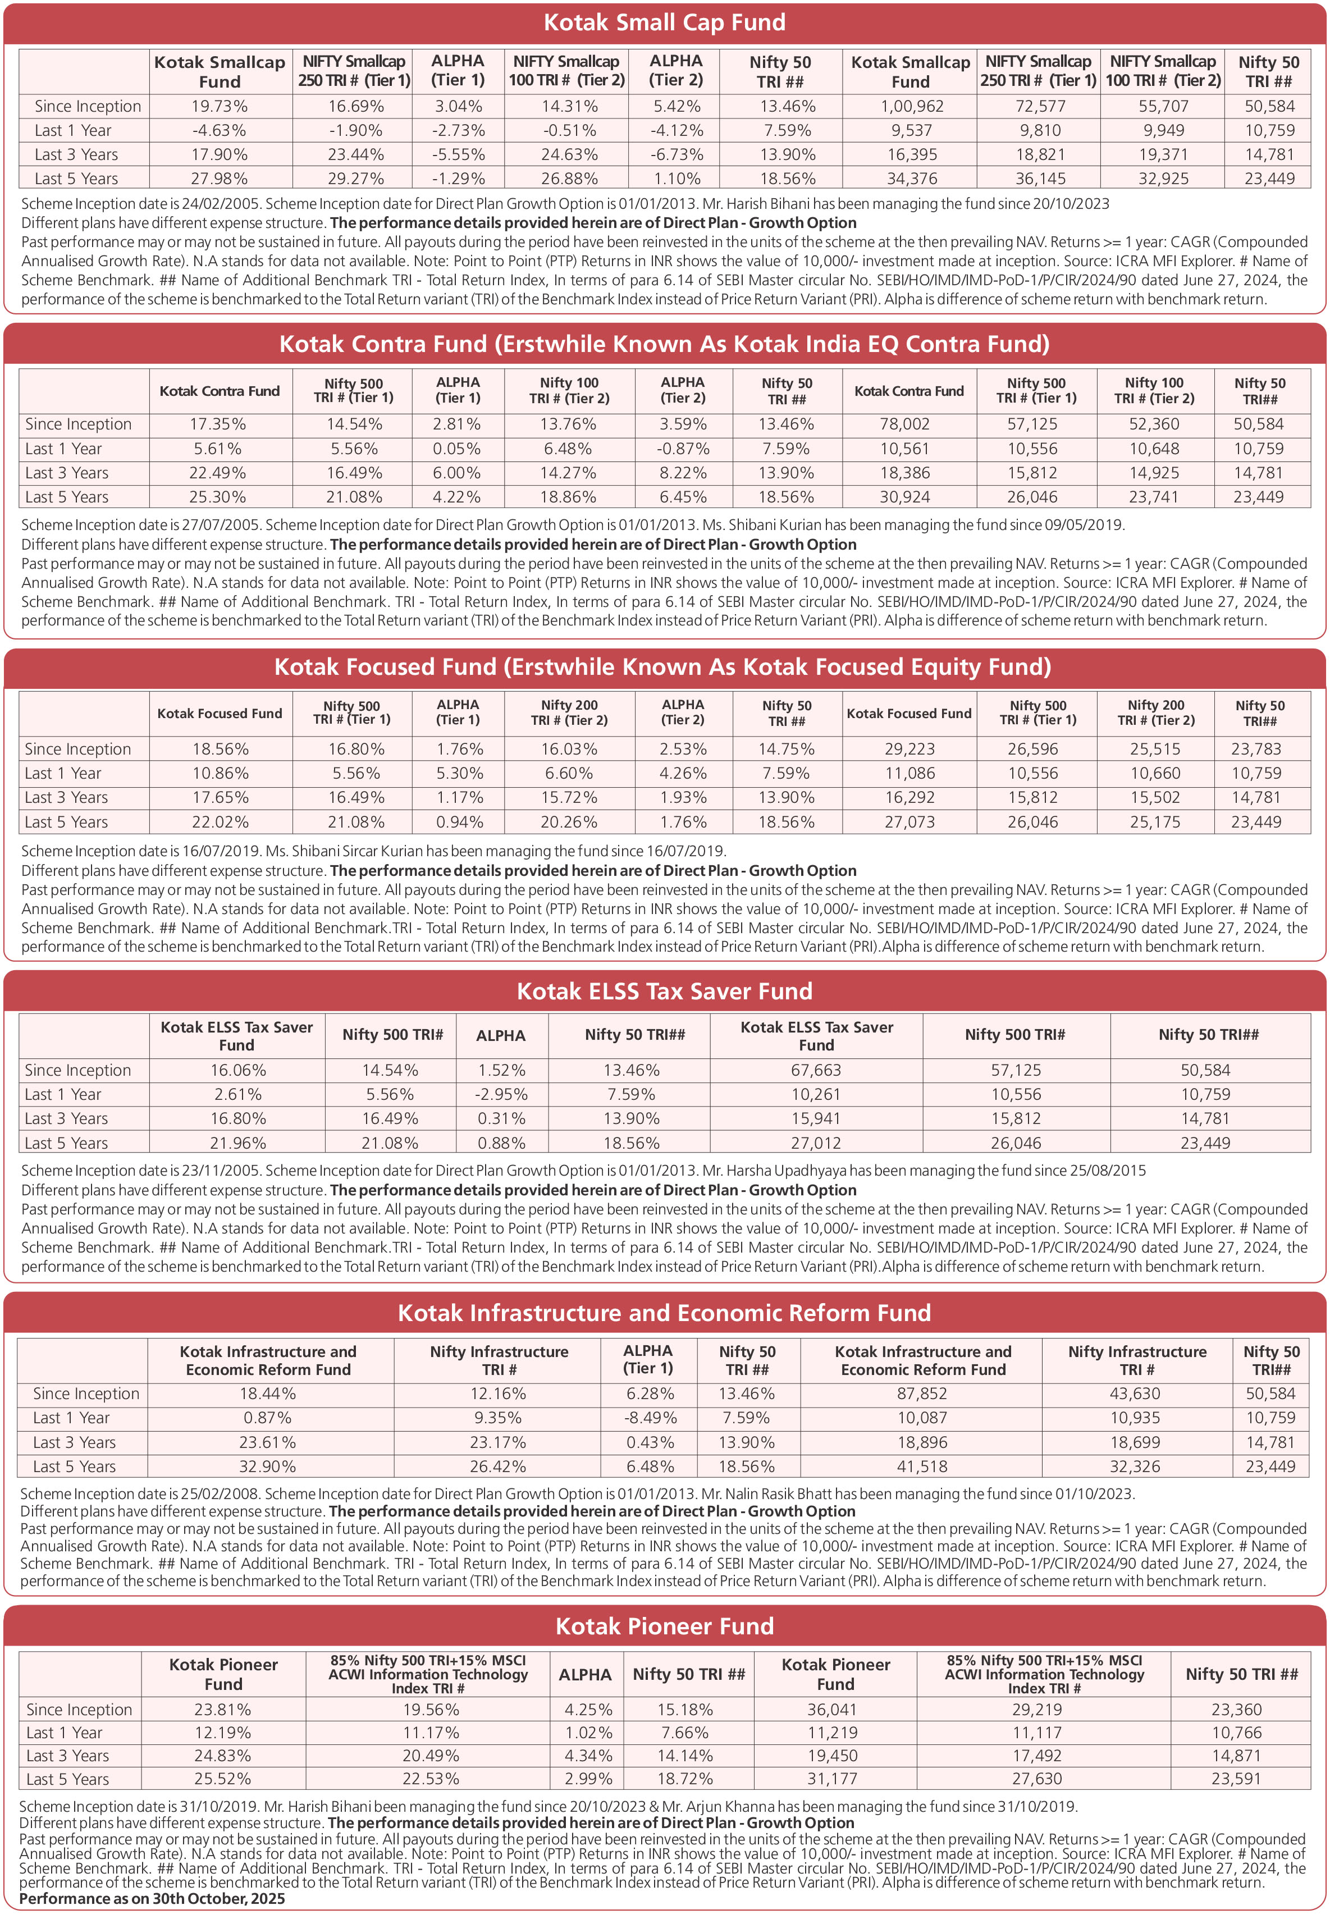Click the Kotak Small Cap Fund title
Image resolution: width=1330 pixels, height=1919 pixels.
click(x=664, y=22)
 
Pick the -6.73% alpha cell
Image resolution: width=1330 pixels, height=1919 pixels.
click(x=677, y=155)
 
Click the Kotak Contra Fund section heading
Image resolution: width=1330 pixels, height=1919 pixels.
click(x=664, y=344)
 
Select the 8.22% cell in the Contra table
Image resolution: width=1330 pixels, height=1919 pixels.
click(x=683, y=473)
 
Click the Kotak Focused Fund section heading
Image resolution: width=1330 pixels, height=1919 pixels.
click(x=662, y=666)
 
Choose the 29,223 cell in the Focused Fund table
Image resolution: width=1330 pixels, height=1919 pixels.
click(x=909, y=749)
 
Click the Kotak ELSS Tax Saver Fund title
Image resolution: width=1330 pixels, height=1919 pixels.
click(x=664, y=991)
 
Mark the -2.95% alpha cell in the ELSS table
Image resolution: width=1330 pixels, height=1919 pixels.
click(x=501, y=1094)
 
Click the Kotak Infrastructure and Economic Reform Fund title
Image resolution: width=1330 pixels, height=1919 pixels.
click(x=664, y=1313)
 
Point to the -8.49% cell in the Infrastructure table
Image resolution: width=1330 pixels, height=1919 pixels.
click(x=648, y=1418)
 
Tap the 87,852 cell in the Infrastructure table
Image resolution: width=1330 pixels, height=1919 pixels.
click(x=922, y=1393)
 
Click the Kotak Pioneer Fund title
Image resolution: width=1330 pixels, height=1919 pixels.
click(x=664, y=1626)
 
